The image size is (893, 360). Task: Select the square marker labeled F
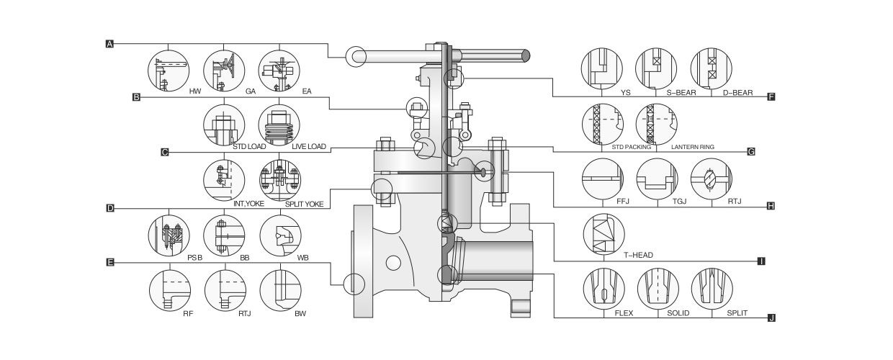coord(771,96)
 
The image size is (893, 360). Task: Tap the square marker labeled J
coord(771,318)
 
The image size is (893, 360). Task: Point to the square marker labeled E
coord(109,263)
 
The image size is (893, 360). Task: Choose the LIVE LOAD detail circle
coord(278,125)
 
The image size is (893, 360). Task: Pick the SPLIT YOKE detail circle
coord(279,180)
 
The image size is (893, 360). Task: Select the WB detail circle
coord(279,235)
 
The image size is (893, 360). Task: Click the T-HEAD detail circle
coord(603,235)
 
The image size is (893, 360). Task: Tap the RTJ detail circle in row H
coord(711,179)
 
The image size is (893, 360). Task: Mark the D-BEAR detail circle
coord(711,70)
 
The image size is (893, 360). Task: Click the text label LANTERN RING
coord(692,147)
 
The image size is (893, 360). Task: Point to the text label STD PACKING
coord(631,147)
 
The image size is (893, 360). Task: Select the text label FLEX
coord(624,313)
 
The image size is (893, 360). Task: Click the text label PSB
coord(194,257)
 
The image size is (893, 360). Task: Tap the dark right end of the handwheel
coord(526,55)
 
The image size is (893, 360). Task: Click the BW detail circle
coord(279,290)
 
